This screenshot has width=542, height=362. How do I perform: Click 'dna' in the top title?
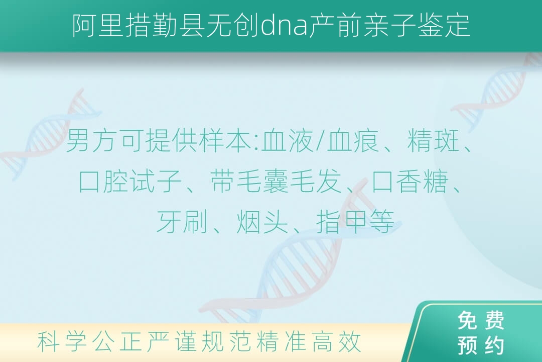click(x=284, y=25)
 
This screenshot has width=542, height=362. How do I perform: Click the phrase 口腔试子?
click(x=130, y=182)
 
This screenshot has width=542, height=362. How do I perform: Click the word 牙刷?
click(x=182, y=222)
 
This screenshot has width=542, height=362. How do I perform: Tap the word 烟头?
click(x=262, y=222)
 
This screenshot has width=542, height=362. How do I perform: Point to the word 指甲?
click(x=342, y=222)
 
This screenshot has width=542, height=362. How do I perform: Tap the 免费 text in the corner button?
click(x=481, y=320)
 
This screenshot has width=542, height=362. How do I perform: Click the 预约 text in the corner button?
click(x=481, y=345)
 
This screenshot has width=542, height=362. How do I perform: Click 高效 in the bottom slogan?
click(x=337, y=341)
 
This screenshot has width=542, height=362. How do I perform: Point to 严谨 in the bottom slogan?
click(x=172, y=341)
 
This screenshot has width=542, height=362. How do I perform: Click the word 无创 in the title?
click(x=232, y=26)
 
